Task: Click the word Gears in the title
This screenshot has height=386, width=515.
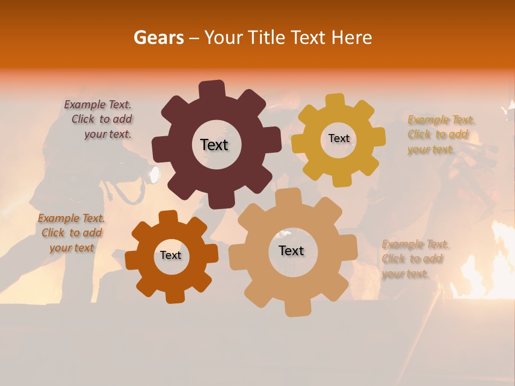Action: tap(159, 38)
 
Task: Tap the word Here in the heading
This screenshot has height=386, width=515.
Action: tap(351, 38)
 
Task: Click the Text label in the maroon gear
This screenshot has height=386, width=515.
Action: tap(214, 145)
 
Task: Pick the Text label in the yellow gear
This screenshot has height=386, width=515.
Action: tap(339, 138)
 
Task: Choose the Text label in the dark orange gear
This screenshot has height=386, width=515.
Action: tap(171, 255)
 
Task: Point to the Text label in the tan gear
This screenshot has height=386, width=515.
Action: tap(291, 250)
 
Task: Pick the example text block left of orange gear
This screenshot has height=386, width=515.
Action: tap(71, 233)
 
